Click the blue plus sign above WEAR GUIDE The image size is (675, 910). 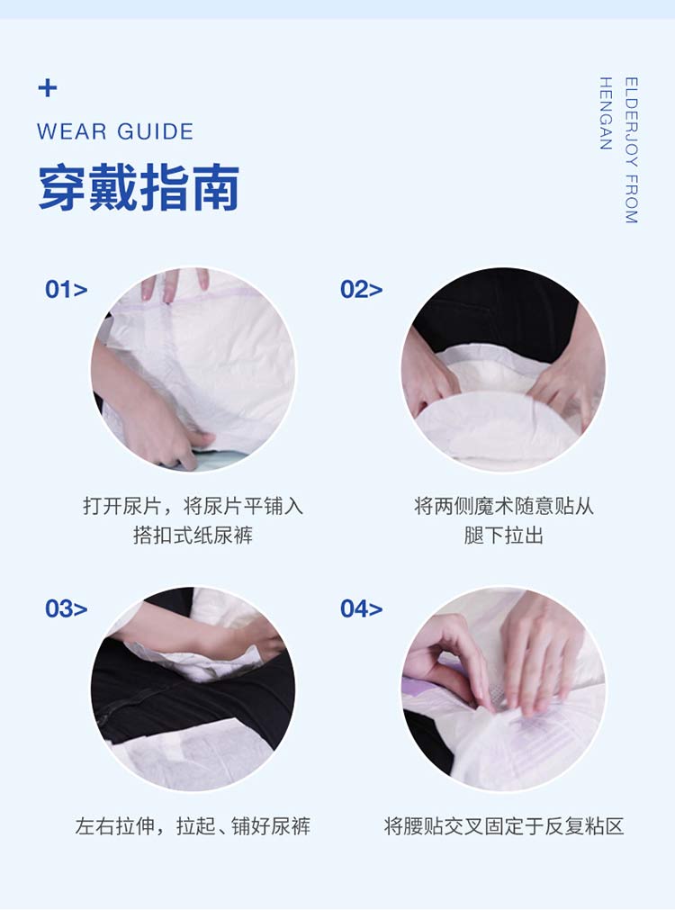[48, 88]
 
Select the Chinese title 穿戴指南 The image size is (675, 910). [139, 188]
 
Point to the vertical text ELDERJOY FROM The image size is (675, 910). [631, 150]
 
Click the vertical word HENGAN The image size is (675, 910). [606, 114]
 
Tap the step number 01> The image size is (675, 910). [67, 290]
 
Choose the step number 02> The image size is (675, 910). [361, 290]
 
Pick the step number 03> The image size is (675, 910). [67, 608]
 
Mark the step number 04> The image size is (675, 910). [361, 608]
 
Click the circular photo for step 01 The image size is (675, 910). [193, 369]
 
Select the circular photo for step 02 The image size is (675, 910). [503, 369]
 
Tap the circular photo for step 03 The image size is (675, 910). [193, 689]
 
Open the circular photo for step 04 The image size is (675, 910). [503, 689]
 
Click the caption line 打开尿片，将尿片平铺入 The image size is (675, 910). [193, 506]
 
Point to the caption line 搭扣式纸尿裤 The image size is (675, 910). [193, 536]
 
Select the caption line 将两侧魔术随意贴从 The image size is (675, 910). [504, 506]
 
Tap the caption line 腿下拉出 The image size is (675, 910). [504, 536]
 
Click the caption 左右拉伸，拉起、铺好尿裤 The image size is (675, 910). [193, 826]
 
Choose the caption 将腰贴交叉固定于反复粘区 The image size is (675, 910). [504, 826]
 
